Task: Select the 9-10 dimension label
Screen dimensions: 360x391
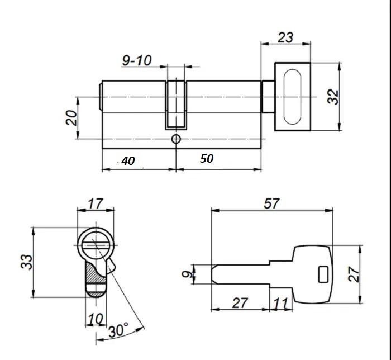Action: (137, 60)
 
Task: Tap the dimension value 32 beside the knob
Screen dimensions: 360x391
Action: (333, 97)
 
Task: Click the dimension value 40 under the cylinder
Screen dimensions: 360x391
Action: (128, 161)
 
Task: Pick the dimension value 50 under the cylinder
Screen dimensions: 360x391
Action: (207, 159)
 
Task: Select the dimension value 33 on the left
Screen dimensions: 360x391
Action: (26, 261)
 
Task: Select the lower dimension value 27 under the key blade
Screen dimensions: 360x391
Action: (240, 303)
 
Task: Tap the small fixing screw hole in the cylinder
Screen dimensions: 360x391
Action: (176, 139)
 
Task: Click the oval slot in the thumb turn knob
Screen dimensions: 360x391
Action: (292, 97)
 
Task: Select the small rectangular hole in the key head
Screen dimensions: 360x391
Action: (323, 274)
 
